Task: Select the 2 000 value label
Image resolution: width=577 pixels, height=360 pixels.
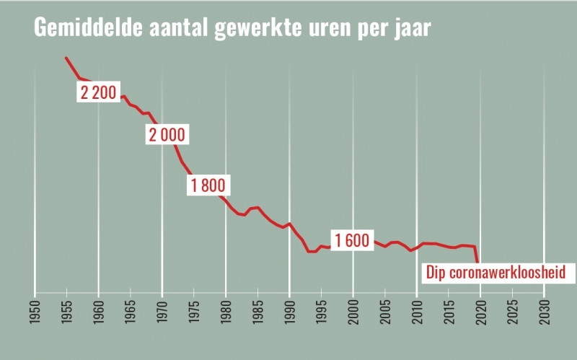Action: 167,135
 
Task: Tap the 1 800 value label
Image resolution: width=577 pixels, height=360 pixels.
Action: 208,185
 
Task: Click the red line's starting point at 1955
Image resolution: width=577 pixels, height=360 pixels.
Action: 66,58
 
